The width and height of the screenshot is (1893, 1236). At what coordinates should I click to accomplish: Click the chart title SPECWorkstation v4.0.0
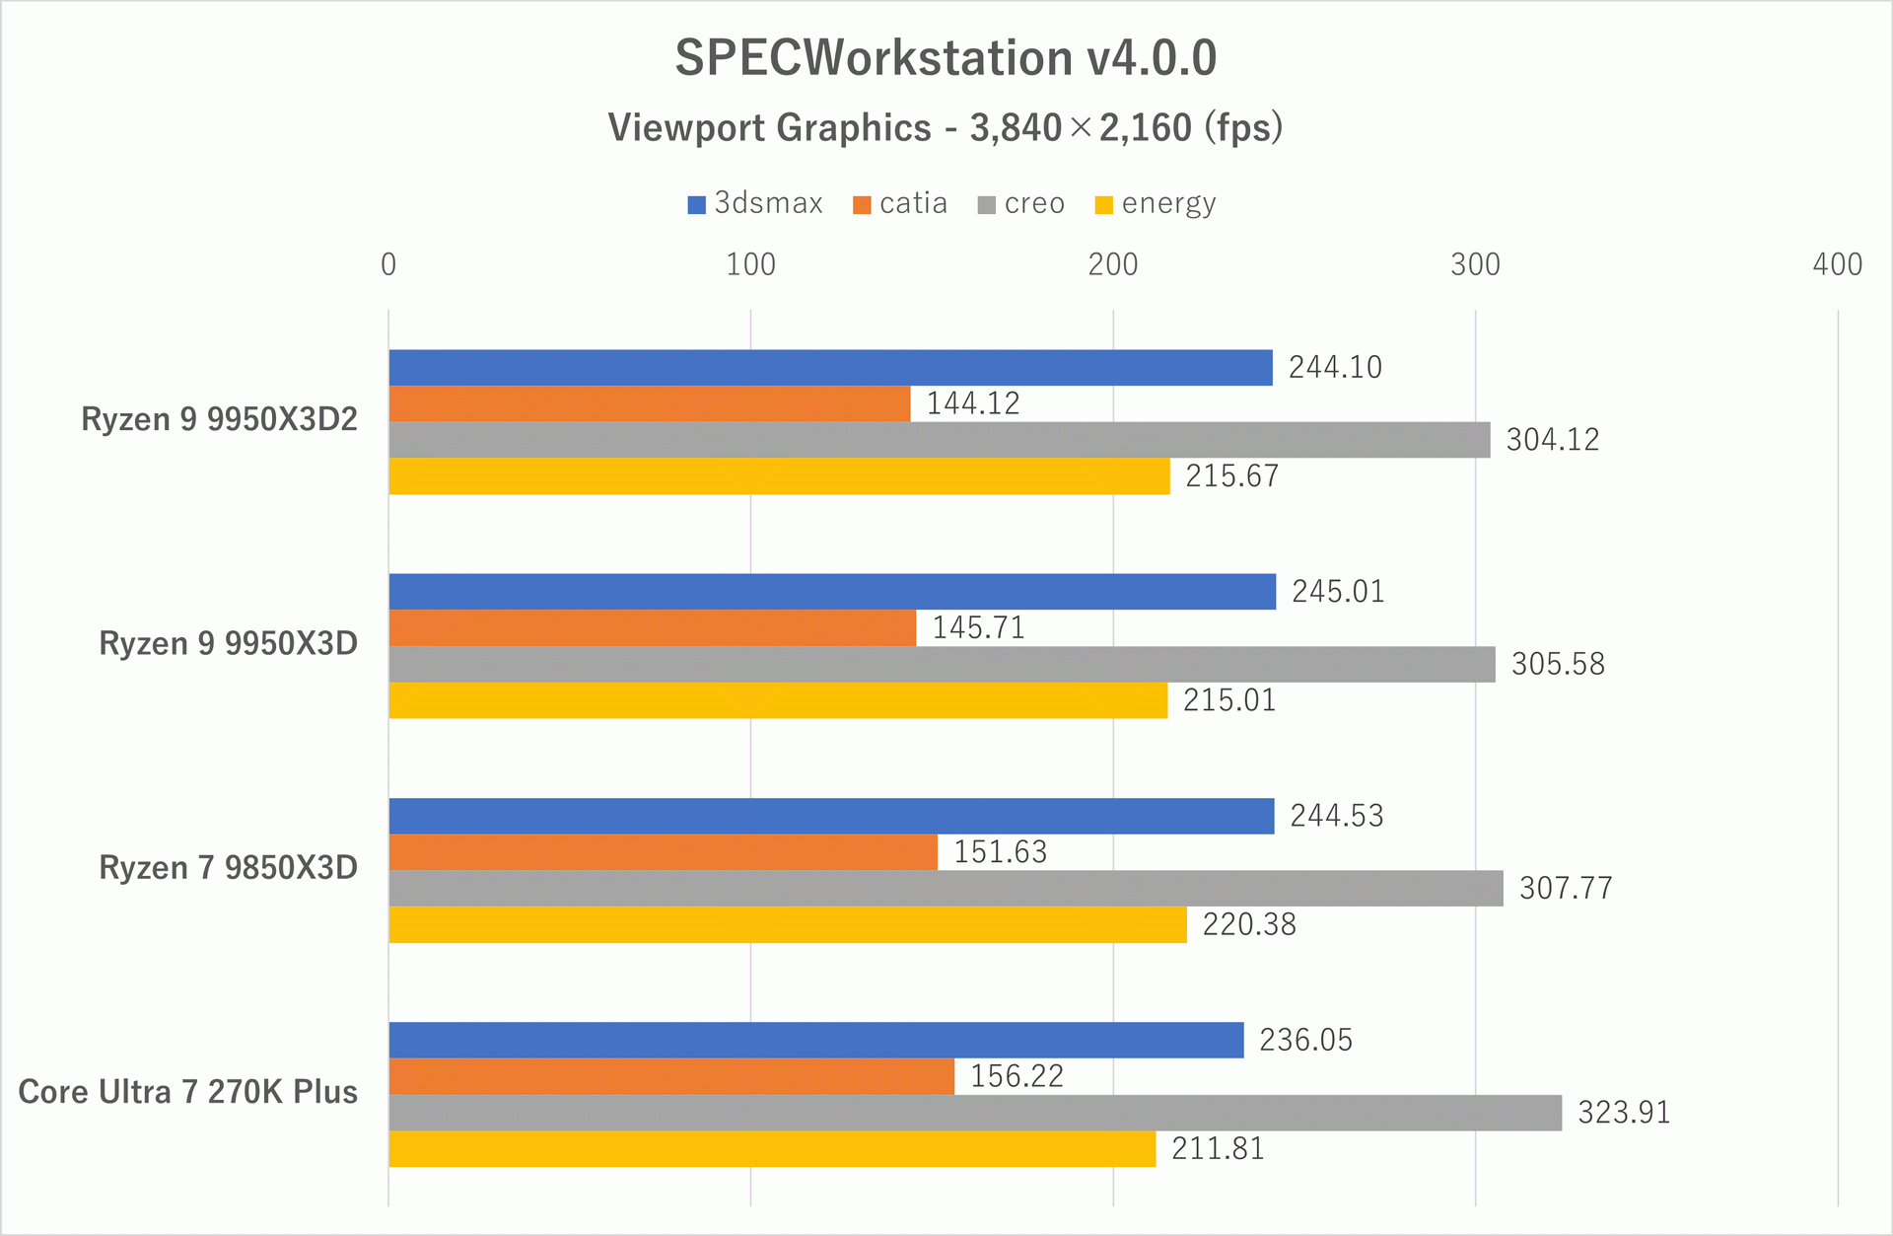click(945, 58)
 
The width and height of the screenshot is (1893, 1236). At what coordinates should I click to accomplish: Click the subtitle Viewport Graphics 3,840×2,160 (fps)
click(945, 128)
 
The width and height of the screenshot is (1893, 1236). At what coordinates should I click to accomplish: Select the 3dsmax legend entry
click(755, 203)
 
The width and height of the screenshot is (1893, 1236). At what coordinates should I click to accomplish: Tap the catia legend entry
click(900, 203)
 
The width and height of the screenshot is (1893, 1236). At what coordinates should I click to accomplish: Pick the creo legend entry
click(1021, 203)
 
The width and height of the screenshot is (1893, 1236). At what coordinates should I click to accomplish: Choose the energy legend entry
click(1156, 203)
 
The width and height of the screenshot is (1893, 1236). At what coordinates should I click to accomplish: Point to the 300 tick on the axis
click(1475, 264)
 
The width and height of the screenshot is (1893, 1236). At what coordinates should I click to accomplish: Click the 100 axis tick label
click(750, 264)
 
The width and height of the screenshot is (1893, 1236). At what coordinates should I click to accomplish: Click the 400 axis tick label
click(1837, 264)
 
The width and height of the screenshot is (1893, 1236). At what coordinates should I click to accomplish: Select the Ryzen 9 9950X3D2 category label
click(219, 419)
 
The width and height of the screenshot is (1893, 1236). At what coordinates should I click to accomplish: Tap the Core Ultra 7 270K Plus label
click(187, 1092)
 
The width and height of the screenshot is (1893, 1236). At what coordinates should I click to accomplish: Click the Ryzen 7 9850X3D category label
click(228, 868)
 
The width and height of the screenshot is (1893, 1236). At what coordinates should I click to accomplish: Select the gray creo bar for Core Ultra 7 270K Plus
click(974, 1113)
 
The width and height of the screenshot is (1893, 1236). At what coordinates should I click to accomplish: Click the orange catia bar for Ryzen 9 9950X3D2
click(649, 403)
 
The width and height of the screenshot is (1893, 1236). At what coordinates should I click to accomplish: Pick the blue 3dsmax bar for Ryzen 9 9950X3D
click(831, 592)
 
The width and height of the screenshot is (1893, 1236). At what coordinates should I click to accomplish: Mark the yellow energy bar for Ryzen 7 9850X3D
click(787, 925)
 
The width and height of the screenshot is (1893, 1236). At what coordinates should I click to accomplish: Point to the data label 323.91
click(1623, 1113)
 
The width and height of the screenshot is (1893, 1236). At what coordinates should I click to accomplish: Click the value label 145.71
click(978, 628)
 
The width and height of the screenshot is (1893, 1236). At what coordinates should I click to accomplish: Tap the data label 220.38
click(1248, 925)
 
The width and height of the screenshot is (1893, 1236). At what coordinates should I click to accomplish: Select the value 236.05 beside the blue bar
click(1305, 1041)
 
